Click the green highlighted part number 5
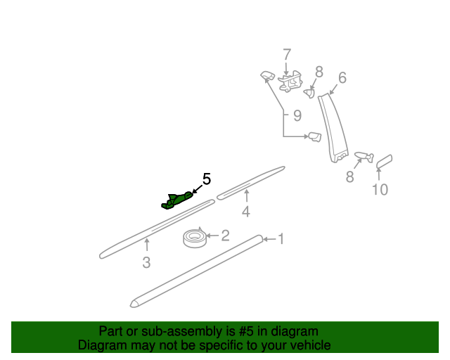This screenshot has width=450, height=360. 176,200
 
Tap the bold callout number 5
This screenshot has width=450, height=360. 207,179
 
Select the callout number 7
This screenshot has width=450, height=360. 287,55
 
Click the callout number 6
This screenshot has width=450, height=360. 342,78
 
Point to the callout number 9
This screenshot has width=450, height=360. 297,116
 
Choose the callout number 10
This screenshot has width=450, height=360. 380,189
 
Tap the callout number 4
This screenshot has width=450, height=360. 246,212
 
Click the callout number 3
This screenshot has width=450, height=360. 146,262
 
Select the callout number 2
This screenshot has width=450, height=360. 225,236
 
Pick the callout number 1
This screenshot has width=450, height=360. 281,239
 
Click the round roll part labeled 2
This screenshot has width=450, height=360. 195,238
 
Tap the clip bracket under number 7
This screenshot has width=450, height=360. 290,82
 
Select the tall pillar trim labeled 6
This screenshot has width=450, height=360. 333,128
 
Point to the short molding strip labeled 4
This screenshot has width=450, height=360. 250,183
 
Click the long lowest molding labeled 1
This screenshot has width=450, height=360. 196,271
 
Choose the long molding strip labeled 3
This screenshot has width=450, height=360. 157,229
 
